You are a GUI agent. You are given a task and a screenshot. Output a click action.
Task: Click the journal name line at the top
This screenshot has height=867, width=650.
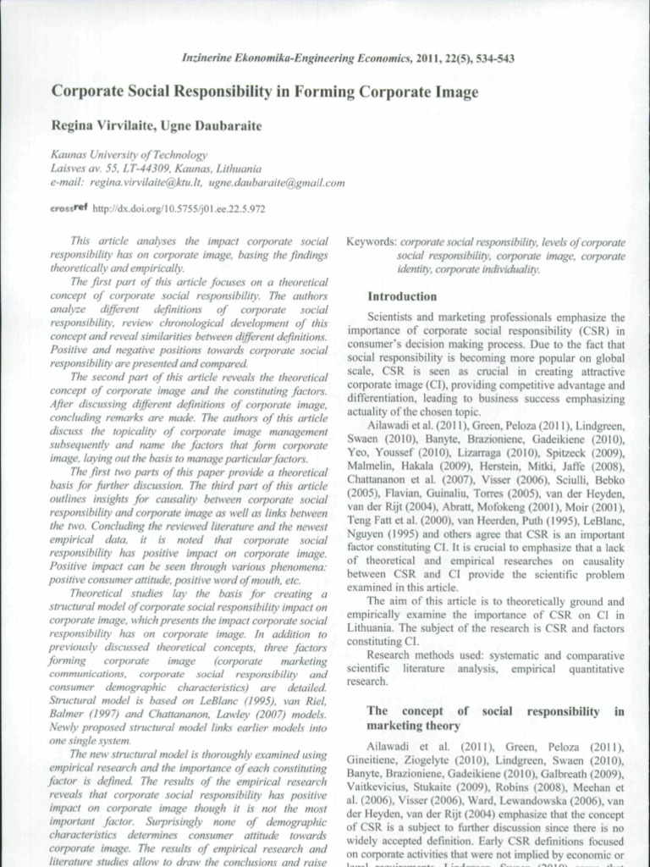(348, 58)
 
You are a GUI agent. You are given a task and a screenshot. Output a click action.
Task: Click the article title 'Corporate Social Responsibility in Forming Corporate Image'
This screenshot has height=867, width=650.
(265, 91)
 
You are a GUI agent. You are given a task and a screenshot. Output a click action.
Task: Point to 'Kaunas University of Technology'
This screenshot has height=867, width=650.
(129, 155)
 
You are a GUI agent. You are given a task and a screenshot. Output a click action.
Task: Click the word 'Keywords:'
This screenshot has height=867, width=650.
(371, 242)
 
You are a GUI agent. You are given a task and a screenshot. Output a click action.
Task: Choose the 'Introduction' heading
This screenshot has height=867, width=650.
(402, 297)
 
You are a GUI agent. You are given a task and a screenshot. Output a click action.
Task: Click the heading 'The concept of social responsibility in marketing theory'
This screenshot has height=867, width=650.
(495, 719)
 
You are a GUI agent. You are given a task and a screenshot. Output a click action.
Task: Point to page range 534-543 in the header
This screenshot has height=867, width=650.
(491, 58)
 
